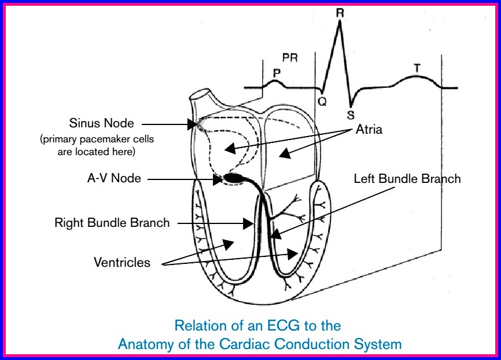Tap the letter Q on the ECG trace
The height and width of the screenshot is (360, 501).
click(322, 102)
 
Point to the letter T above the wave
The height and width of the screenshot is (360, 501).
click(417, 68)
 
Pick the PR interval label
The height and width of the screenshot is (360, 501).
click(289, 58)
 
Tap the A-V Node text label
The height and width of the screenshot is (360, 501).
click(113, 179)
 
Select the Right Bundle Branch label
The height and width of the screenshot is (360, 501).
click(112, 222)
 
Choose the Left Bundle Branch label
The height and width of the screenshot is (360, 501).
click(407, 179)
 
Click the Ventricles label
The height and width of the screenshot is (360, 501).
click(121, 262)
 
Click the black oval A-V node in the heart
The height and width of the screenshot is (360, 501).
click(234, 178)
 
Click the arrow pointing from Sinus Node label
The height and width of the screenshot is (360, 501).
click(168, 123)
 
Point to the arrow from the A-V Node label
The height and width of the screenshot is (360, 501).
click(185, 179)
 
